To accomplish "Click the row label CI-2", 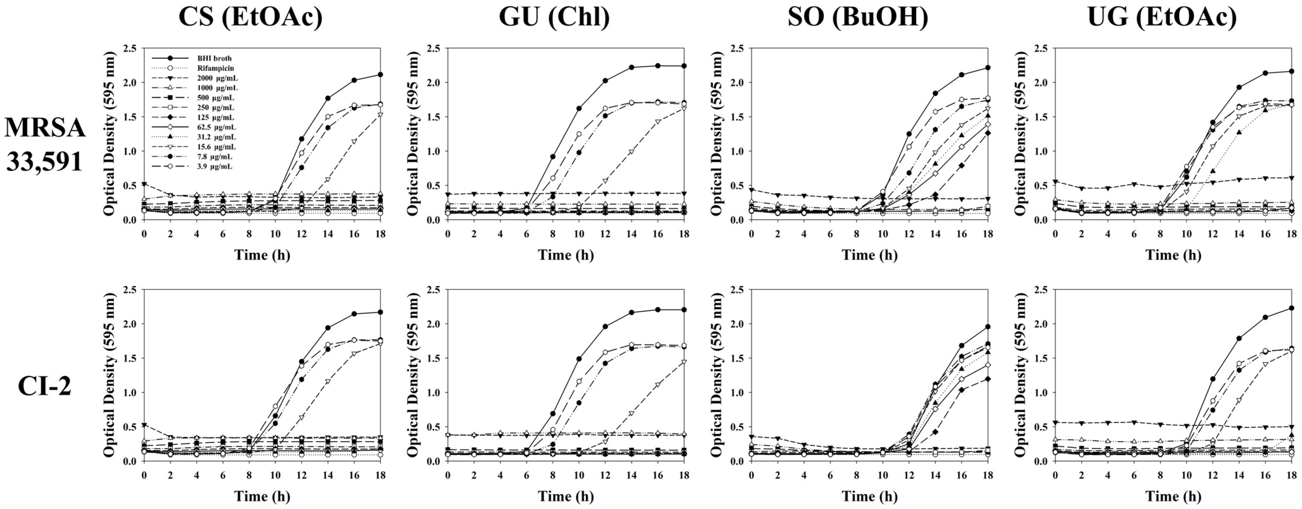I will tap(45, 387).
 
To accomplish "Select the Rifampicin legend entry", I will tap(215, 68).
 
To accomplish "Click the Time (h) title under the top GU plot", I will tap(566, 255).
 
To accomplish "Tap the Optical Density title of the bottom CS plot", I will tap(109, 375).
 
